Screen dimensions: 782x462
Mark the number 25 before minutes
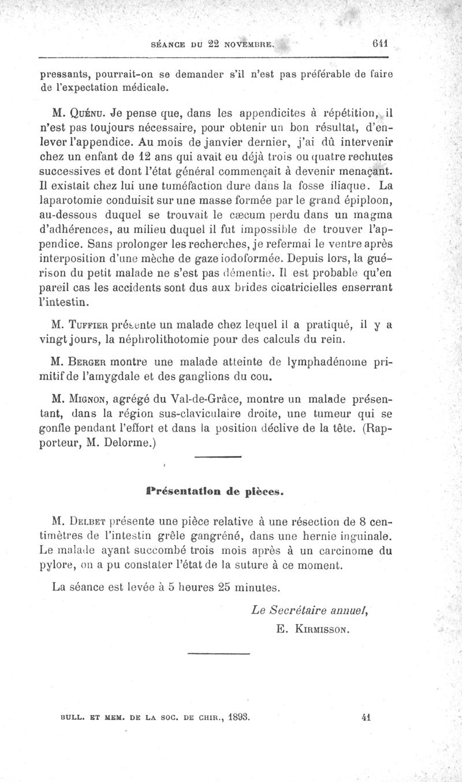pyautogui.click(x=208, y=588)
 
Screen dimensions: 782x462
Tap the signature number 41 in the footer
pyautogui.click(x=365, y=718)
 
